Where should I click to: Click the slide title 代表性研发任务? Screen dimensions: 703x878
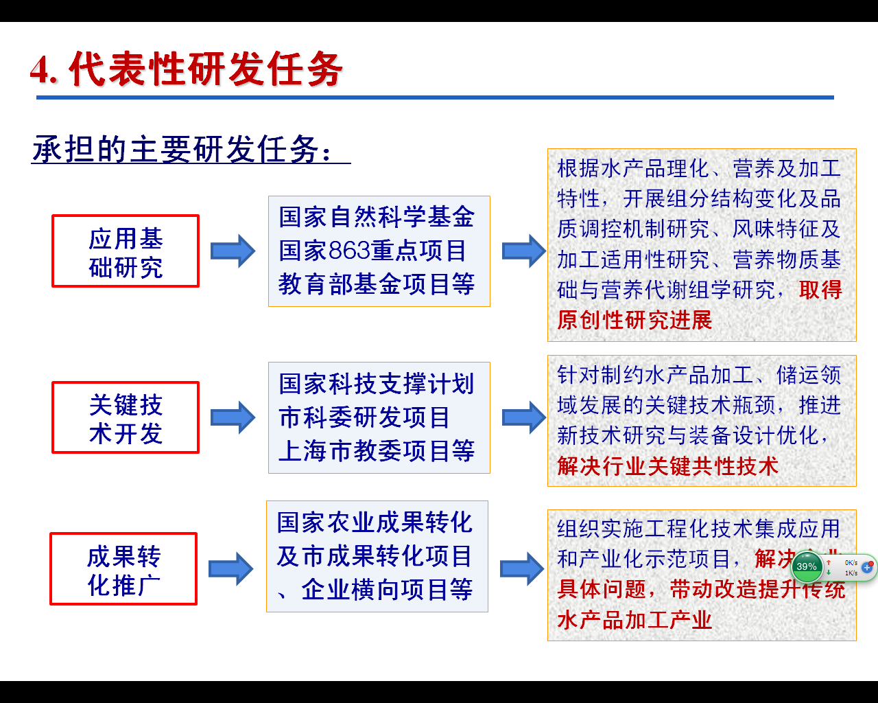pyautogui.click(x=187, y=69)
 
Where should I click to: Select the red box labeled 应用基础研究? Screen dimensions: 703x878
pyautogui.click(x=126, y=251)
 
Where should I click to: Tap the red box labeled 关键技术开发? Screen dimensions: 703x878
pyautogui.click(x=126, y=417)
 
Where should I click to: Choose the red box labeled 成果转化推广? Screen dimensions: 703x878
pyautogui.click(x=123, y=569)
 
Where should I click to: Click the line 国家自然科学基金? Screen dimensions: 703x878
pyautogui.click(x=377, y=218)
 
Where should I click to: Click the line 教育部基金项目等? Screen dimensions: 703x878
pyautogui.click(x=377, y=284)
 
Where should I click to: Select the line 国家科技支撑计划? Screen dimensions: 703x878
pyautogui.click(x=377, y=384)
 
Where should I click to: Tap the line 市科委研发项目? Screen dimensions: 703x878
pyautogui.click(x=364, y=417)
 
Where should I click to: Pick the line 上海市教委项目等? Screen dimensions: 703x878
pyautogui.click(x=377, y=451)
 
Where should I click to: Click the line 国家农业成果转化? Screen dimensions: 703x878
pyautogui.click(x=375, y=522)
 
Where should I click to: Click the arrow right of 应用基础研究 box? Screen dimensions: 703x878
pyautogui.click(x=233, y=251)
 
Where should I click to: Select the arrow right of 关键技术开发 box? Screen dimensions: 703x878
pyautogui.click(x=233, y=417)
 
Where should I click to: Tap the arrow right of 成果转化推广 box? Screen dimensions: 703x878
pyautogui.click(x=231, y=569)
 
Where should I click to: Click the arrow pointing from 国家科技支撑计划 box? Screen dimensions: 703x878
pyautogui.click(x=524, y=417)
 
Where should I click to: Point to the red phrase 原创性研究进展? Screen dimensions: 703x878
pyautogui.click(x=634, y=320)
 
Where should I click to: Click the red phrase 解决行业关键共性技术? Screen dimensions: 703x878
pyautogui.click(x=667, y=466)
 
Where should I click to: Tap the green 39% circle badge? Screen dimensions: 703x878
pyautogui.click(x=807, y=566)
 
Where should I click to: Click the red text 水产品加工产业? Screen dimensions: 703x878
pyautogui.click(x=634, y=620)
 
